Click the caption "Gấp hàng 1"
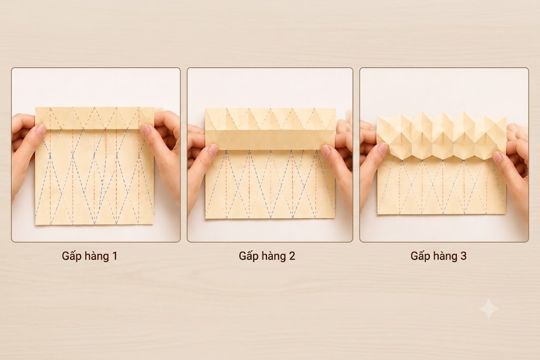point(90,256)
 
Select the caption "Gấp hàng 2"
point(267,256)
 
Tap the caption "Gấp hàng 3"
point(438,256)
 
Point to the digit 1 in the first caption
point(114,256)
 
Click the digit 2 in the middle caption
point(292,256)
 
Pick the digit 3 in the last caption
point(464,256)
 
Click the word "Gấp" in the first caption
point(71,256)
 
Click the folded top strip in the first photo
point(95,118)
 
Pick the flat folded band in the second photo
point(270,139)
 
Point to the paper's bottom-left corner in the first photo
point(35,225)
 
